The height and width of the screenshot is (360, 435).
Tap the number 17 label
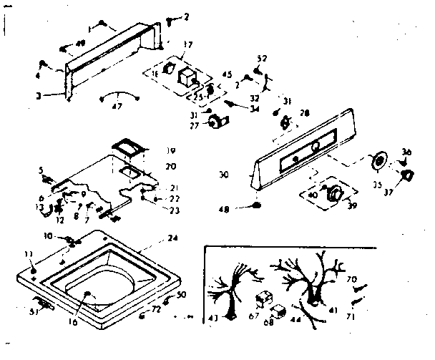[x=187, y=44]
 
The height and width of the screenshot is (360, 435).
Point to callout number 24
[x=172, y=238]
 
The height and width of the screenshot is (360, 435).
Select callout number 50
[x=181, y=294]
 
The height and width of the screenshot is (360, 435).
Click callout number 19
[x=171, y=151]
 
